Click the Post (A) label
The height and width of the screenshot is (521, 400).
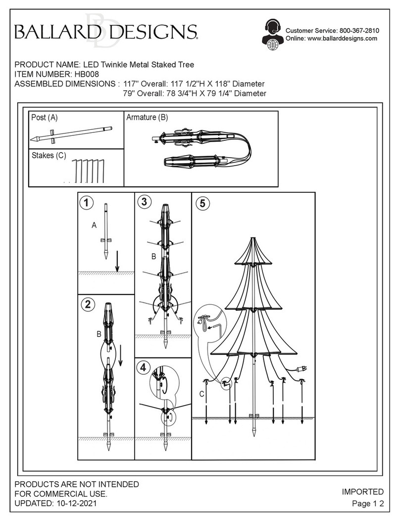point(45,117)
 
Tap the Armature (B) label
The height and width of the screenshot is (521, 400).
point(147,117)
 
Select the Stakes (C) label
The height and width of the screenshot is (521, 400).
point(49,155)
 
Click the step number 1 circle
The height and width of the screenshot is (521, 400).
point(87,202)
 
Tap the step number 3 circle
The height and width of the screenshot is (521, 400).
point(144,202)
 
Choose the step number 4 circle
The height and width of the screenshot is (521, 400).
point(144,367)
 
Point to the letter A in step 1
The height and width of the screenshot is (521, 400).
point(94,225)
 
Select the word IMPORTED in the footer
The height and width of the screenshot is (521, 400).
point(362,492)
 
